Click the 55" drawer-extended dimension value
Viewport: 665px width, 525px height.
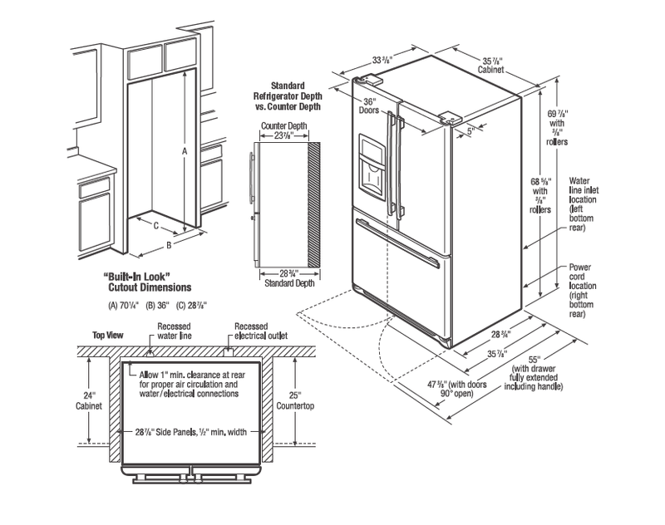(533, 360)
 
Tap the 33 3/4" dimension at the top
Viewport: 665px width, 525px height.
(382, 60)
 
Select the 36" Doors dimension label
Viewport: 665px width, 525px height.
(369, 105)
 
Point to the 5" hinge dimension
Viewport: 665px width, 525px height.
(470, 131)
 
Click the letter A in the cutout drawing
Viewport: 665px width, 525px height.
(185, 151)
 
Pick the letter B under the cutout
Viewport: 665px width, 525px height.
(169, 245)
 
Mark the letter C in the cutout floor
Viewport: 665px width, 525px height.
(155, 226)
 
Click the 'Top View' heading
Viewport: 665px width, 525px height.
(108, 335)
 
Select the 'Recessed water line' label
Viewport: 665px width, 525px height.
(174, 331)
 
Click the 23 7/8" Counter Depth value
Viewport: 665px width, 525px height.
(283, 135)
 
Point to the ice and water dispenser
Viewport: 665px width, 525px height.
(372, 166)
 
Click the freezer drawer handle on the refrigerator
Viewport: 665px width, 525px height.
(398, 243)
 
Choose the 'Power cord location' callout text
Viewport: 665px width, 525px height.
(583, 291)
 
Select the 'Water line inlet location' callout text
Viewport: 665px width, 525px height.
(584, 204)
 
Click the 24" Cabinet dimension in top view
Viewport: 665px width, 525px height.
(89, 401)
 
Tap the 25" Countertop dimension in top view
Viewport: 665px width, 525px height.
(295, 401)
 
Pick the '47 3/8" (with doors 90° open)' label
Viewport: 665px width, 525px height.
(456, 389)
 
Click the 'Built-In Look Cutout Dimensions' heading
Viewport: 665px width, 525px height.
(147, 282)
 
